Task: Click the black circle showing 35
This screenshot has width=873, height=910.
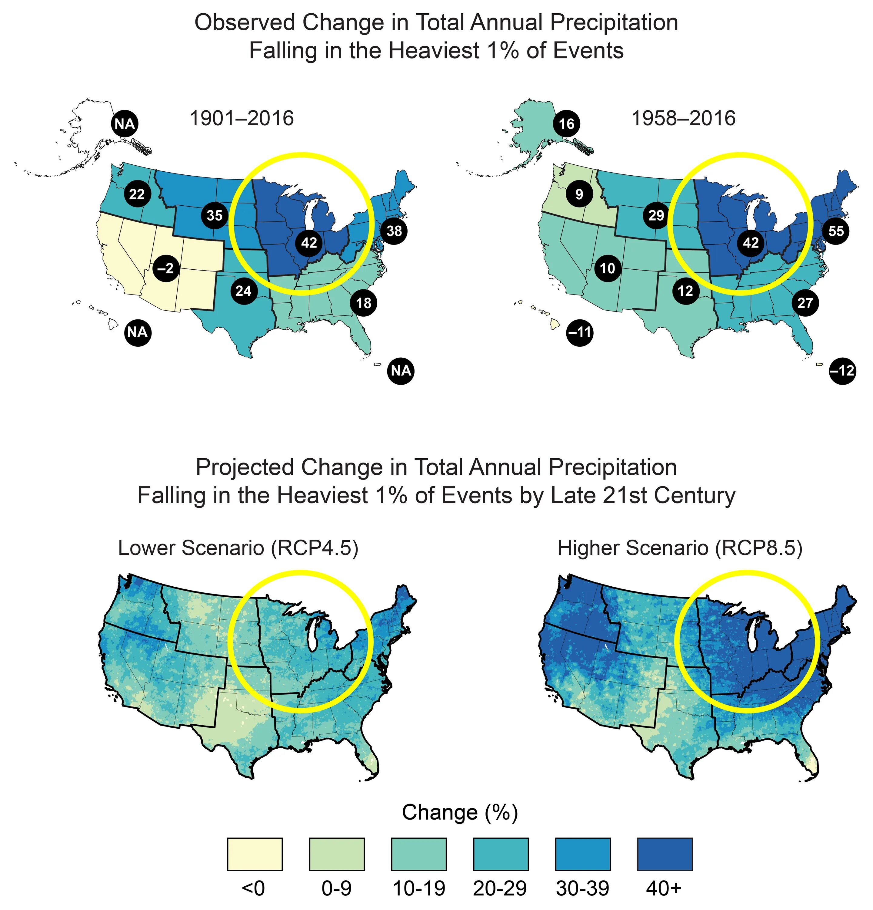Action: (214, 215)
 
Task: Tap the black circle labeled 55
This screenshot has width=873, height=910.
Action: (836, 231)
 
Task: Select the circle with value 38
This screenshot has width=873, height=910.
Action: (394, 231)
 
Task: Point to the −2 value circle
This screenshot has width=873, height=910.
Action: (166, 268)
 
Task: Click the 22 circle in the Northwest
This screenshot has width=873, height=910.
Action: (137, 194)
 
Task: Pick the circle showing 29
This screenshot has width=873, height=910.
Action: (656, 215)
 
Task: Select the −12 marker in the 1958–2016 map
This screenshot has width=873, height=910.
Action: (842, 370)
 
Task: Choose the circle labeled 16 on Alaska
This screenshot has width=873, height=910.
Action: (566, 124)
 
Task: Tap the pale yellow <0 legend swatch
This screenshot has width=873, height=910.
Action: (255, 854)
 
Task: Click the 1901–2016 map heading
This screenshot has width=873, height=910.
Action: (242, 118)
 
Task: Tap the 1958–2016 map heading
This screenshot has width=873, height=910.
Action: (683, 118)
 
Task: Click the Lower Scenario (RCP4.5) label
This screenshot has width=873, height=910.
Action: (238, 548)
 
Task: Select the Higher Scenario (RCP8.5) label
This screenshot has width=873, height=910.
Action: (680, 548)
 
